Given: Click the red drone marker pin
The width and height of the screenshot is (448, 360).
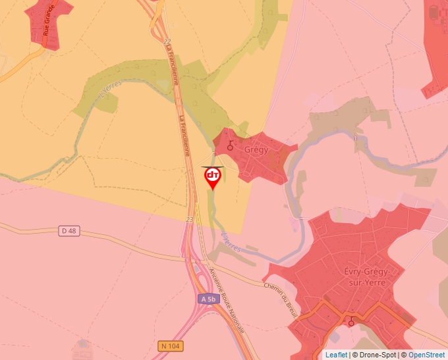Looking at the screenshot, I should (x=212, y=177).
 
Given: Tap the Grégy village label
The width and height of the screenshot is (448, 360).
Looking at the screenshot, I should (x=256, y=149).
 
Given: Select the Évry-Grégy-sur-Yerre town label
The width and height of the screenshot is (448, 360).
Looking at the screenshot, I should (x=358, y=278).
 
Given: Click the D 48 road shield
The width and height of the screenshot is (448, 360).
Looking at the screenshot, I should (x=69, y=230).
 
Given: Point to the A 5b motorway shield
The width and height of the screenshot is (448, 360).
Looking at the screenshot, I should (x=208, y=299).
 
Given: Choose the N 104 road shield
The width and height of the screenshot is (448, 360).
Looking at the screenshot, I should (x=171, y=346).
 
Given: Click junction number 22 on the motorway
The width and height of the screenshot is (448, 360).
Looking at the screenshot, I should (x=167, y=41).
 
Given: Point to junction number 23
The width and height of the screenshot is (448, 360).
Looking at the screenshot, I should (x=189, y=219).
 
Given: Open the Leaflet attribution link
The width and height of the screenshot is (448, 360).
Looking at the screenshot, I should (x=336, y=355).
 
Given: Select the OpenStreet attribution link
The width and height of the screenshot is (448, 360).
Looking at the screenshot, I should (x=428, y=355).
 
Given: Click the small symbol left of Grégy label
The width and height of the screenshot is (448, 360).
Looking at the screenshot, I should (x=230, y=146).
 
